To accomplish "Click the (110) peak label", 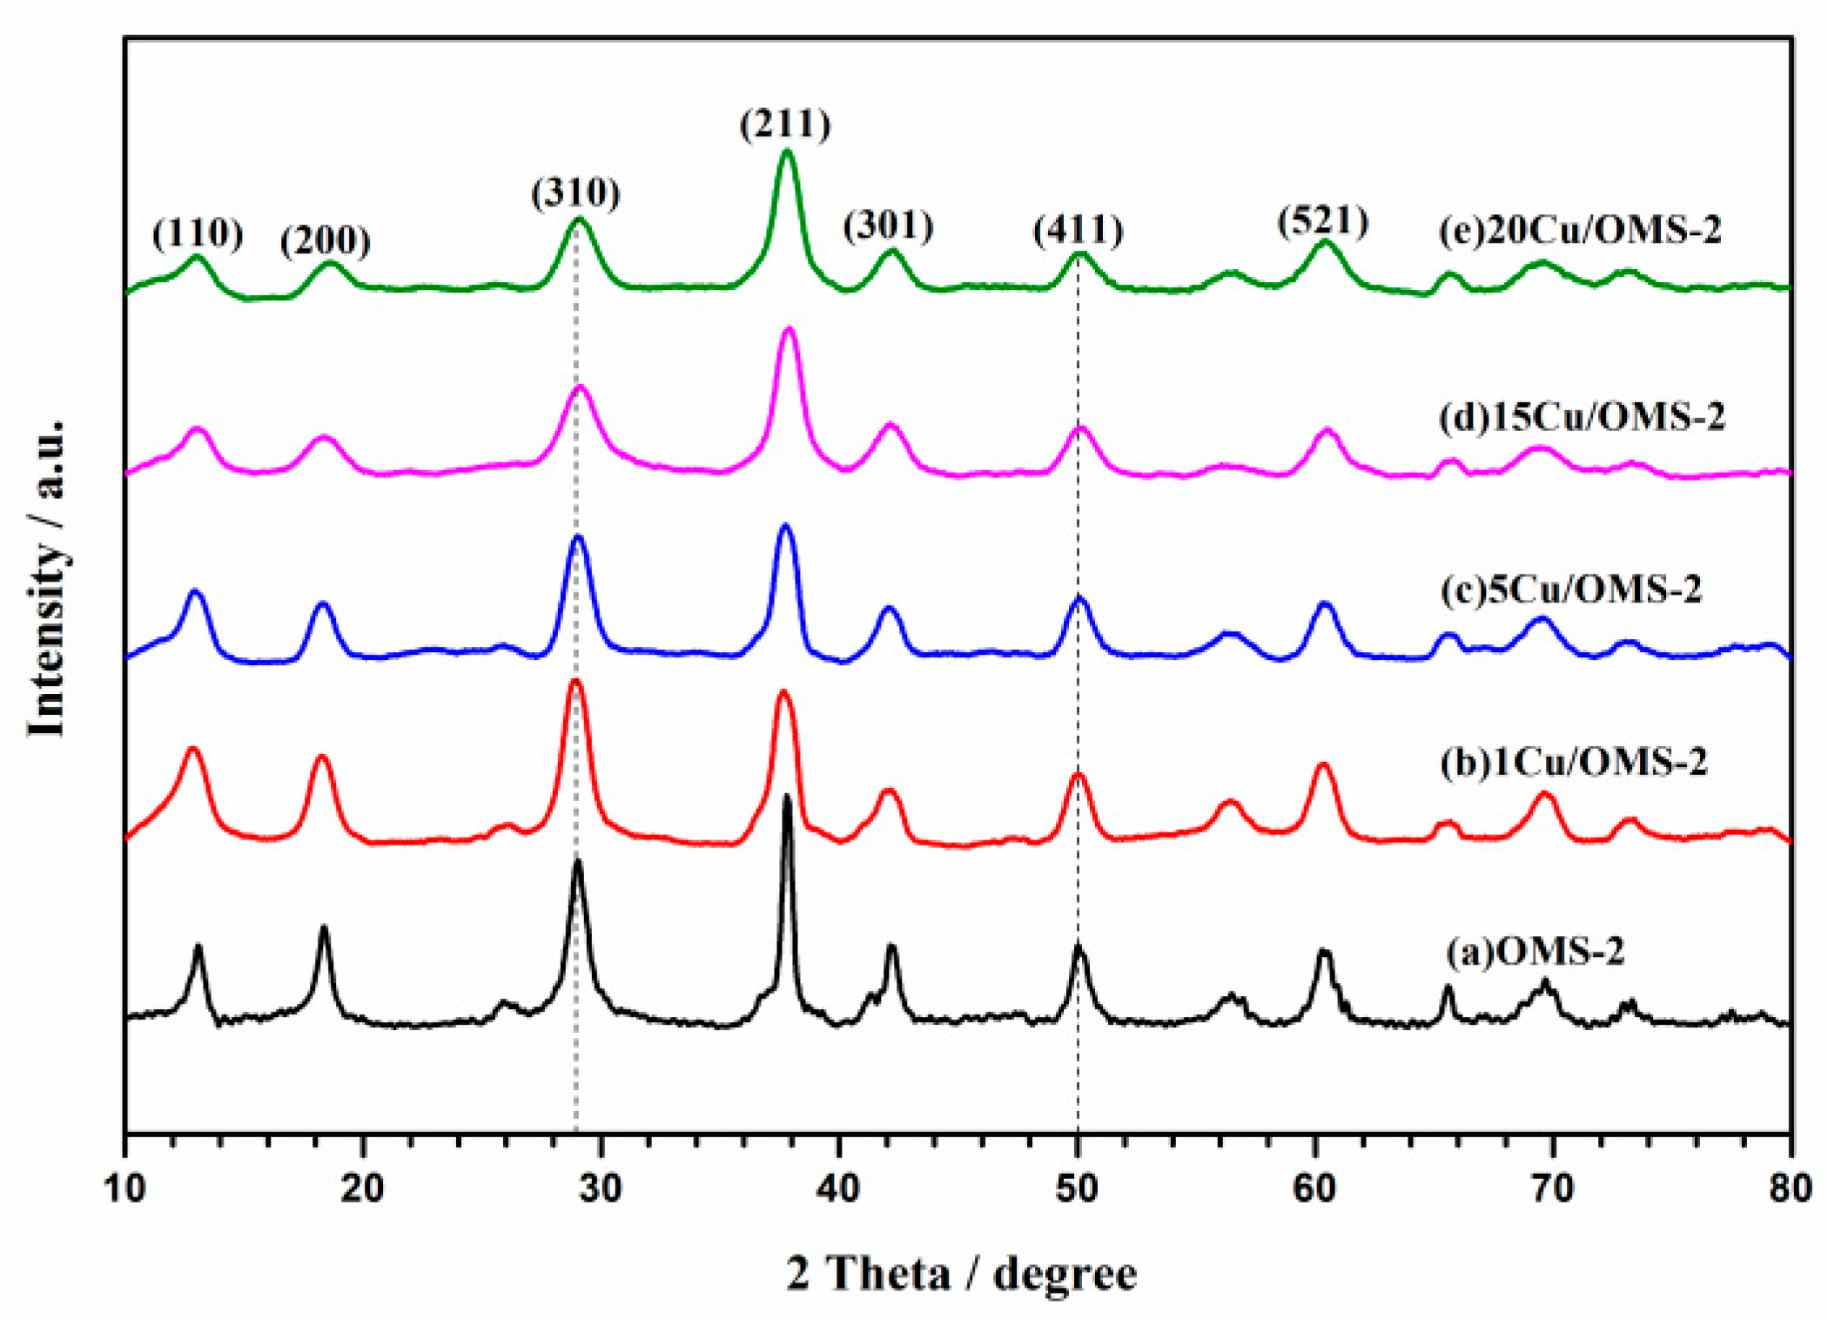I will (198, 233).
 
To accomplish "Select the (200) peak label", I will (325, 240).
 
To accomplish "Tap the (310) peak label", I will (575, 192).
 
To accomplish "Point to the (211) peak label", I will (785, 124).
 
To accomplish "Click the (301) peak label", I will (888, 226).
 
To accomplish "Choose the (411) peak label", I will (1079, 231).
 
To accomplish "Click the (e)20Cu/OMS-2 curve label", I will (1580, 231).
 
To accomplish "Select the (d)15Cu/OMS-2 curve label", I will (1582, 417).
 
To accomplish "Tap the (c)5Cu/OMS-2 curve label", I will (1570, 589).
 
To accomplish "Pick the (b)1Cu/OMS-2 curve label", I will (1574, 762).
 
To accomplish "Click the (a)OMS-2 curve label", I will (1536, 951).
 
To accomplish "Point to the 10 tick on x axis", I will (125, 1188).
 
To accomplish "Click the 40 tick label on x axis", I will (839, 1188).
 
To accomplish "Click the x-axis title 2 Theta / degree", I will (961, 1275).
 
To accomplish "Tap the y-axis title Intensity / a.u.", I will (47, 578).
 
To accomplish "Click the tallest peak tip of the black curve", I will (788, 796).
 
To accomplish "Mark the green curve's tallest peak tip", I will (787, 152).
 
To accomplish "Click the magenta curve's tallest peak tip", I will (790, 329).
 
